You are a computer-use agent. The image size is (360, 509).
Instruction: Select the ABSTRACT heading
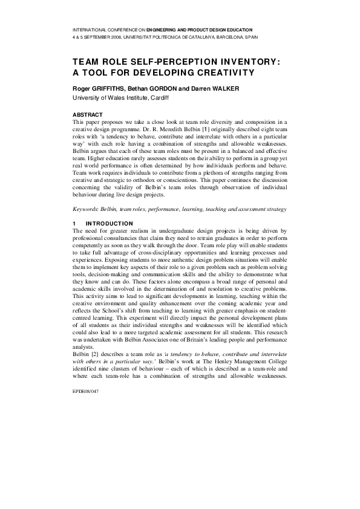tap(87, 115)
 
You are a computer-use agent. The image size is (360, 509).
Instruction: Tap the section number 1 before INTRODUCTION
tap(74, 224)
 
